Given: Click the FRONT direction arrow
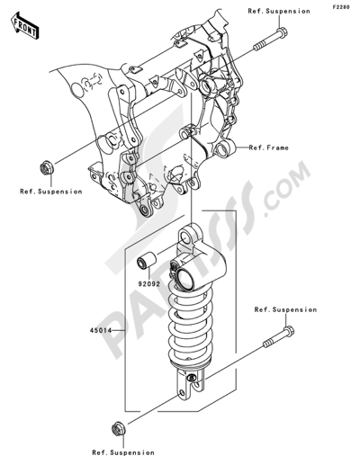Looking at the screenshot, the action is pos(24,26).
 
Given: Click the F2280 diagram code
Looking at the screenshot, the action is pos(340,7).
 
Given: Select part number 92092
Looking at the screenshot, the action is pos(149,283).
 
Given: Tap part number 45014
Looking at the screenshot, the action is pos(101,330).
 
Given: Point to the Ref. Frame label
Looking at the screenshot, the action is pos(269,148).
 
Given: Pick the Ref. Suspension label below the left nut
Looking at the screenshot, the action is pos(51,192).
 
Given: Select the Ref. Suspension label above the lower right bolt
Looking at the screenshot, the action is pos(285,309).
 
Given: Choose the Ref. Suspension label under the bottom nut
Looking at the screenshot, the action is pos(123,452).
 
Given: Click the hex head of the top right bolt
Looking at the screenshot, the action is pos(282,32).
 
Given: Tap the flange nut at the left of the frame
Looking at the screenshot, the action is pos(47,167).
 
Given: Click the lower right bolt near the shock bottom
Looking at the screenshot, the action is pos(279,336).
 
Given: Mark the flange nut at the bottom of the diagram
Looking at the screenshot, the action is pos(119,429).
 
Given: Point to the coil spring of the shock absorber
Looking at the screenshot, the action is pos(190,324).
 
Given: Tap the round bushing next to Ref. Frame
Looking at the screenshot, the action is pos(224,148).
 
